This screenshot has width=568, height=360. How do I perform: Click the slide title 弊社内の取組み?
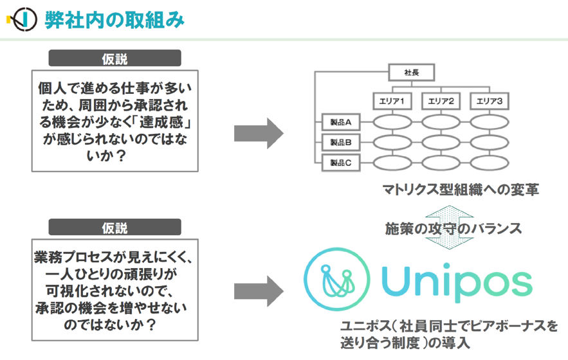coord(115,20)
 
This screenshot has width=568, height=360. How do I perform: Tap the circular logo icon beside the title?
coord(23,19)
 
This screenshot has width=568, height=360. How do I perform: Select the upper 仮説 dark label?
coord(115,58)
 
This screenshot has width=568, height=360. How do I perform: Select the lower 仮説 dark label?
coord(115,227)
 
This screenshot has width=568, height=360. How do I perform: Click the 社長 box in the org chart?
coord(412,73)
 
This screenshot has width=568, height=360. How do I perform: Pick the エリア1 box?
coord(392,101)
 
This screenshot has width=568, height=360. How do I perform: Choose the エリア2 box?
coord(441,101)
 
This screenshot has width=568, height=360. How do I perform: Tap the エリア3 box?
coord(490,101)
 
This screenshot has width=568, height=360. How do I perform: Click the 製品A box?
coord(341,122)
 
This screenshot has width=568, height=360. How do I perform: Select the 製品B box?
coord(341,142)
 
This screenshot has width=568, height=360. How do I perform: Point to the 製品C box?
coord(341,163)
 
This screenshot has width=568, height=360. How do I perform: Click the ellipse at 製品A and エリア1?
coord(392,122)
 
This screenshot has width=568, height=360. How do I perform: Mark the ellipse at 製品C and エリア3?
coord(490,163)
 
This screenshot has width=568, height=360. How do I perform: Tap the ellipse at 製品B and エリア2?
coord(441,142)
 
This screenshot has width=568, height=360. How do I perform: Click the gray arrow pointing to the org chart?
coord(259,133)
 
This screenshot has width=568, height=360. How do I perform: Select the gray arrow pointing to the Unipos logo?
coord(259,291)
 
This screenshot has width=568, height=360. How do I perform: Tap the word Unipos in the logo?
coord(457,282)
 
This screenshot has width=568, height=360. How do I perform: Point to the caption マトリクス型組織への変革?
coord(461,190)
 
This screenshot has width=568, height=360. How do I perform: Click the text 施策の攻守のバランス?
coord(453,228)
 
